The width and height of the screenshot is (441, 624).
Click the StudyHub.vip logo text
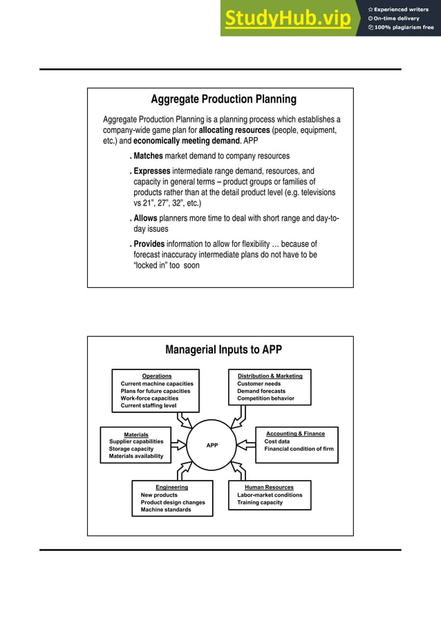[x=287, y=19]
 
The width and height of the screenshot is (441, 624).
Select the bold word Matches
[x=148, y=156]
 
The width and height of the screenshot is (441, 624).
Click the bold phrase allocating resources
[x=234, y=130]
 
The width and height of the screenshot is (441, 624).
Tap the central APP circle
[x=212, y=446]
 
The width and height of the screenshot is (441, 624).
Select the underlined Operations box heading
[x=157, y=376]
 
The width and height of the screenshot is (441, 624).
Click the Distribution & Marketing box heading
[x=270, y=376]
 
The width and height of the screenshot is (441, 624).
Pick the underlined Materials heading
[x=136, y=434]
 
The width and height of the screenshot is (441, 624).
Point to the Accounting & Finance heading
[x=295, y=434]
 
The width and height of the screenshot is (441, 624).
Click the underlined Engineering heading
[x=171, y=488]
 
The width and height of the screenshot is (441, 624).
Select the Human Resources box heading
[x=269, y=488]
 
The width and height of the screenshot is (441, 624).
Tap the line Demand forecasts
[x=261, y=391]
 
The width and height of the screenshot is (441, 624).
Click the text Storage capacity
[x=131, y=449]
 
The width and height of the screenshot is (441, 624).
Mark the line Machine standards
[x=166, y=510]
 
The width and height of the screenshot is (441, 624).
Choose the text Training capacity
[x=260, y=502]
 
